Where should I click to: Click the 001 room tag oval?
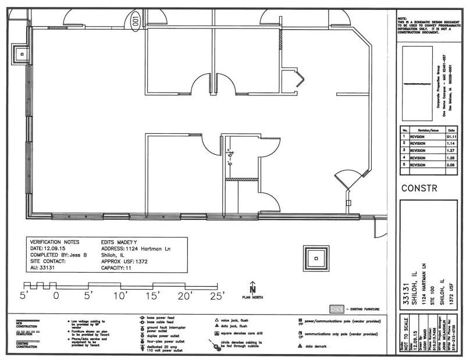pos(136,22)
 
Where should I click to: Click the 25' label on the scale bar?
pos(216,296)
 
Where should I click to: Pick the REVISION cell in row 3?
pos(418,151)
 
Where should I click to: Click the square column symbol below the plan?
pos(315,258)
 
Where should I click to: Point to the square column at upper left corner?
pos(22,54)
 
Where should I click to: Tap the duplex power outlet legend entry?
pos(157,336)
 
